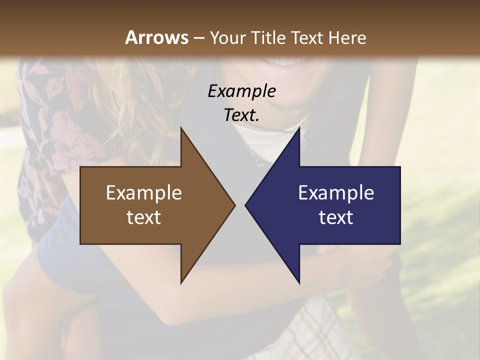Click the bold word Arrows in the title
tap(156, 37)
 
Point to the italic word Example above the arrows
tap(241, 91)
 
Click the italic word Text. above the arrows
tap(241, 115)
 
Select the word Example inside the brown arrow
tap(144, 193)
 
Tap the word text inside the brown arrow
tap(144, 217)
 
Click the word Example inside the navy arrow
tap(336, 193)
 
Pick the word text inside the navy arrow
tap(336, 217)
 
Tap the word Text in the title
tap(306, 38)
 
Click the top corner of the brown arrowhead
tap(181, 128)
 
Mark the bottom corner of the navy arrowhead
tap(299, 282)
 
